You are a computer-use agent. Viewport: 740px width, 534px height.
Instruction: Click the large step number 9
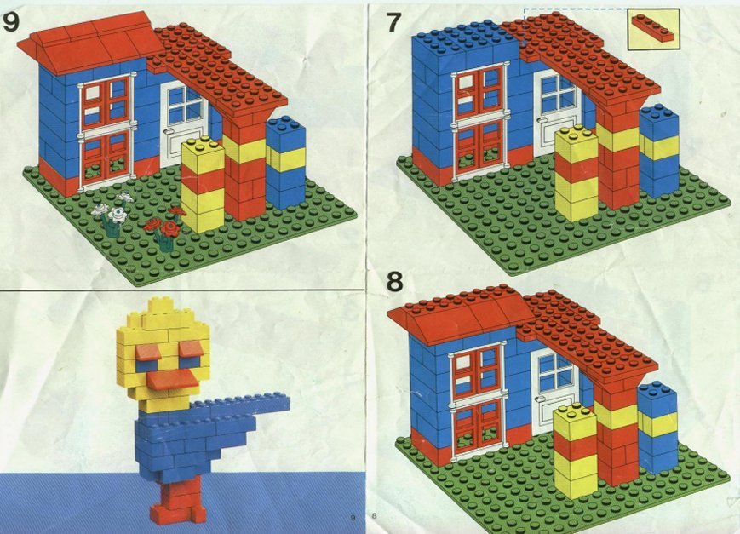click(11, 22)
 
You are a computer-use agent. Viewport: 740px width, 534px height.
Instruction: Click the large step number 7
click(394, 22)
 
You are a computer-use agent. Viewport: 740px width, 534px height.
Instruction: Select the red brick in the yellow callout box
click(653, 29)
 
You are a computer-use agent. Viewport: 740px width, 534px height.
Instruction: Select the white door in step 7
click(555, 113)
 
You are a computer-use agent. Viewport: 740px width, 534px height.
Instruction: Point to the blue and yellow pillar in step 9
click(286, 163)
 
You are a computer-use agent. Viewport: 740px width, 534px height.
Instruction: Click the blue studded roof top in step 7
click(463, 38)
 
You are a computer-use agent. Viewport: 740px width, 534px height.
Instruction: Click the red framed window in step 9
click(106, 131)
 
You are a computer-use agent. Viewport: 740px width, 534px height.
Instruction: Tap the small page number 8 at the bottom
click(374, 515)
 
